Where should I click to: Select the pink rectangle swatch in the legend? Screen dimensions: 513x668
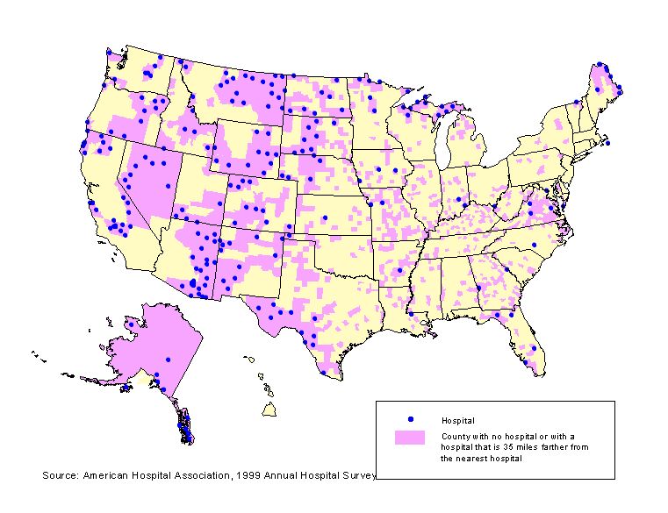409,437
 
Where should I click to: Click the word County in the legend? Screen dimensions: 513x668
455,436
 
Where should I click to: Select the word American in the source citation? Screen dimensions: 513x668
106,475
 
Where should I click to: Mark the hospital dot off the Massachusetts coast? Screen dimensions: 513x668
607,142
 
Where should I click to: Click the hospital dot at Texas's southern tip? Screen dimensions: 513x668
324,373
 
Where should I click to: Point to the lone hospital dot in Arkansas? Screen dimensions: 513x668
400,270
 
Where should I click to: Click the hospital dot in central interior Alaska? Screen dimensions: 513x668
168,357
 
